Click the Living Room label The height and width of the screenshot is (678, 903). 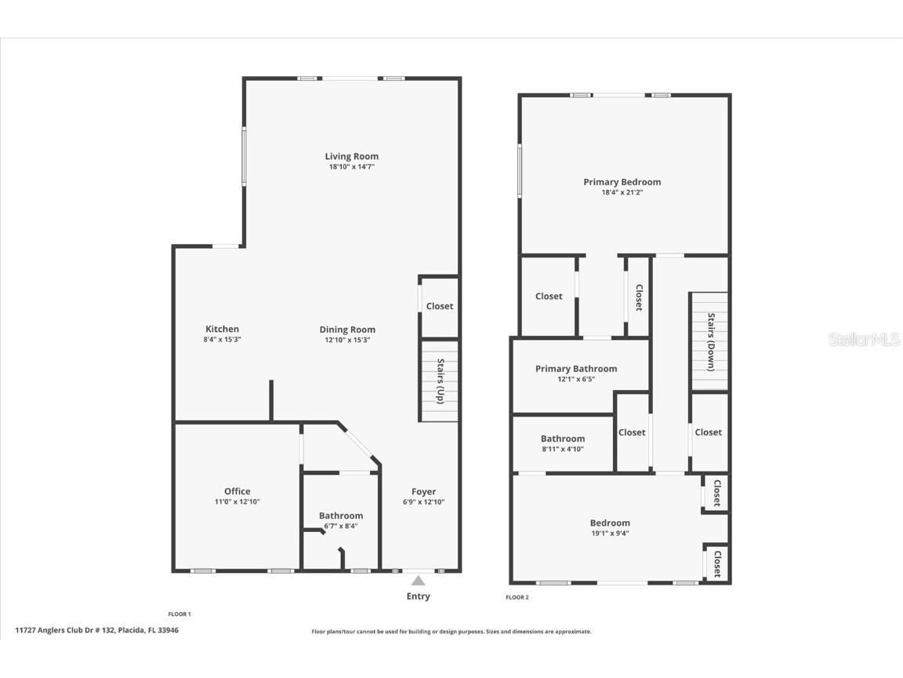click(351, 156)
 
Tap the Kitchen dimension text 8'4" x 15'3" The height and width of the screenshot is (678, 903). click(222, 340)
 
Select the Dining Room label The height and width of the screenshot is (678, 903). click(346, 330)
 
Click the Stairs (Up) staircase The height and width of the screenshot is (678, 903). click(440, 381)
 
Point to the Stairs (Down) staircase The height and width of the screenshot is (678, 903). click(710, 341)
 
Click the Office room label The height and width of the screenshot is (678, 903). click(237, 491)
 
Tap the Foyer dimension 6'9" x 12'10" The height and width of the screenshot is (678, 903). click(423, 502)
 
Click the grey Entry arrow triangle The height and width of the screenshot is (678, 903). click(419, 581)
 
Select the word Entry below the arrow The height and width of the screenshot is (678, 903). click(418, 596)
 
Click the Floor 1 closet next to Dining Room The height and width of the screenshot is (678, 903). click(439, 306)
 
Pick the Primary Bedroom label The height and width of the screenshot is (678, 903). click(622, 182)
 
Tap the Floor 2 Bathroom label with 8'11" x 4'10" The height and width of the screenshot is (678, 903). click(562, 439)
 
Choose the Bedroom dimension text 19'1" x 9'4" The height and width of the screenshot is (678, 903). click(610, 533)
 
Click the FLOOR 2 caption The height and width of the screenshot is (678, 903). click(517, 597)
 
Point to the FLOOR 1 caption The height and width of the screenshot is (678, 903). click(180, 614)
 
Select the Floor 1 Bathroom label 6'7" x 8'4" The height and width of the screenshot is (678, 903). click(340, 516)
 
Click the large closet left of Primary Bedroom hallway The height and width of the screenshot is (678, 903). click(549, 297)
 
